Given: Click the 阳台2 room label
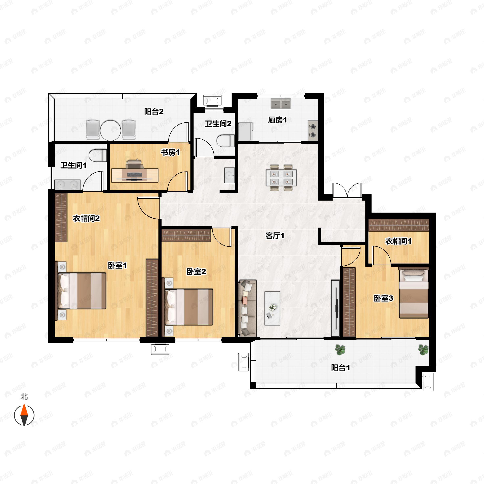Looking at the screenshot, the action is tap(154, 112).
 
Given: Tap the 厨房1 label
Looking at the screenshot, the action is tap(277, 120).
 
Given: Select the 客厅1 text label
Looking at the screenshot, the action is tap(275, 236).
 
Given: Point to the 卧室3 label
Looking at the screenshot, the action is tap(384, 298).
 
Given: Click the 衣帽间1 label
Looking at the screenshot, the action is tap(398, 241).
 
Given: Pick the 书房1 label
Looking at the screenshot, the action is tap(170, 152).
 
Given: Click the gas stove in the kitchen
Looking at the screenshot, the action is tap(313, 130).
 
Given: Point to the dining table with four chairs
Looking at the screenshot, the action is tap(281, 178).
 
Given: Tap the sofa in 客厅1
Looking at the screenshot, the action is tap(247, 308).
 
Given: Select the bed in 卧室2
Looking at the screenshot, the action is tap(188, 307).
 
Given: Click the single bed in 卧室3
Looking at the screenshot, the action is tap(414, 293).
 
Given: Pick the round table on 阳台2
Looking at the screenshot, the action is tap(111, 130).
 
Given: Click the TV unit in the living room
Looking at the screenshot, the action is tap(335, 308).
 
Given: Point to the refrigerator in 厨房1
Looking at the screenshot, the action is tap(245, 131).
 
